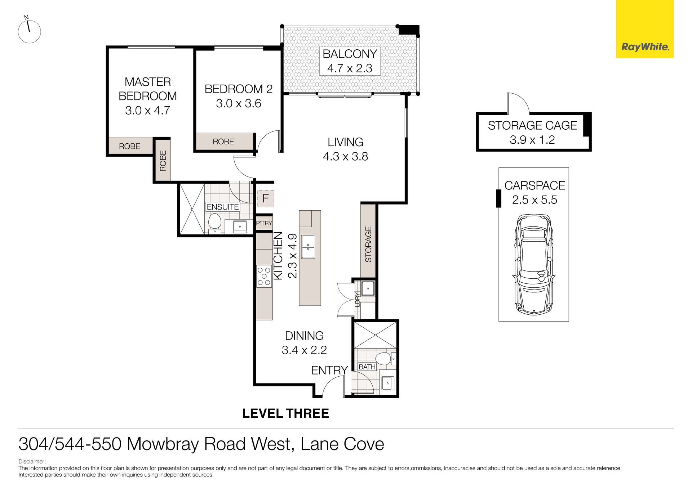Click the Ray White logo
point(644,47)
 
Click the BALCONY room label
point(350,54)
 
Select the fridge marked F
point(265,198)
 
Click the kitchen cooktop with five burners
point(264,276)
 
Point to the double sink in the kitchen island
point(308,247)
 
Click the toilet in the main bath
point(383,359)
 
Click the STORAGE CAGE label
point(532,125)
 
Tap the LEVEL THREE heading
point(285,413)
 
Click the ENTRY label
point(329,370)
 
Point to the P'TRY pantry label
point(264,223)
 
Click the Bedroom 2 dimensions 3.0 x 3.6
point(239,104)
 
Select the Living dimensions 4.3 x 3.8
point(345,157)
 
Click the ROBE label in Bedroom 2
point(223,142)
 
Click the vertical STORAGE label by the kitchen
point(368,244)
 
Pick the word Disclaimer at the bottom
point(32,462)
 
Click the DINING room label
point(304,336)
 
